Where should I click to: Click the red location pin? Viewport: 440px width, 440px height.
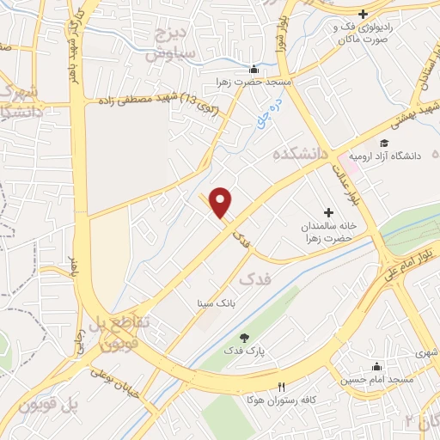(222, 201)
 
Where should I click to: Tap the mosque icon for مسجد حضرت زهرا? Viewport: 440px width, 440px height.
(253, 70)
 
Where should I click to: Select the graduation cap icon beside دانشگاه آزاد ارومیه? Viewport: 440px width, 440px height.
(385, 142)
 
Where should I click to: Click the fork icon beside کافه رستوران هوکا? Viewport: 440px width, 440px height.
(279, 387)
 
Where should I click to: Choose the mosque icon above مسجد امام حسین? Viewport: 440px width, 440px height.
(375, 365)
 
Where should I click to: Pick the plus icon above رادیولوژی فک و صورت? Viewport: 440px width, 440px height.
(364, 14)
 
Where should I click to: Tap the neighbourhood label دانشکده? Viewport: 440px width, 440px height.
(301, 154)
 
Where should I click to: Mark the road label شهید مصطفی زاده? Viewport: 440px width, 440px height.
(154, 103)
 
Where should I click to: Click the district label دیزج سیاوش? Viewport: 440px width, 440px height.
(172, 44)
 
